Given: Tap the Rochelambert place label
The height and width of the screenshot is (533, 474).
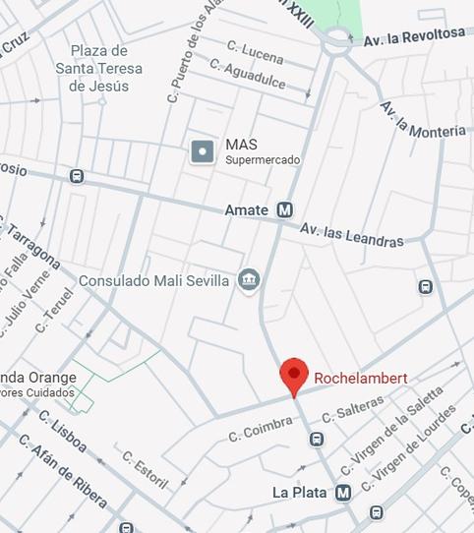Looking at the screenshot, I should click(x=360, y=378).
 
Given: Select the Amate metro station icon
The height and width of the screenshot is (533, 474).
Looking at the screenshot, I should click(x=285, y=209).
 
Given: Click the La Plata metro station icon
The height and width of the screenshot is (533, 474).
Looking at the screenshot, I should click(x=343, y=492).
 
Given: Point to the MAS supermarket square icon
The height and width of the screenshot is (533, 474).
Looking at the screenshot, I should click(x=203, y=151).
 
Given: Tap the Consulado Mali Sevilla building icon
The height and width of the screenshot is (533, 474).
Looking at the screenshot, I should click(x=250, y=280).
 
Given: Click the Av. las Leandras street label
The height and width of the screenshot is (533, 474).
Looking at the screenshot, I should click(x=352, y=235).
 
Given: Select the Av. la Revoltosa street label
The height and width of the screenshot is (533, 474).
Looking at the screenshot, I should click(x=414, y=36).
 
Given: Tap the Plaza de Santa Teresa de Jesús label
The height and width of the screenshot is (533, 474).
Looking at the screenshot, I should click(x=98, y=68).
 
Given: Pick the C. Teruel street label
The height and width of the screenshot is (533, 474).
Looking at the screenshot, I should click(x=54, y=310).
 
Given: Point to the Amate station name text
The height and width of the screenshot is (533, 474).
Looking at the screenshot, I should click(x=246, y=209).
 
